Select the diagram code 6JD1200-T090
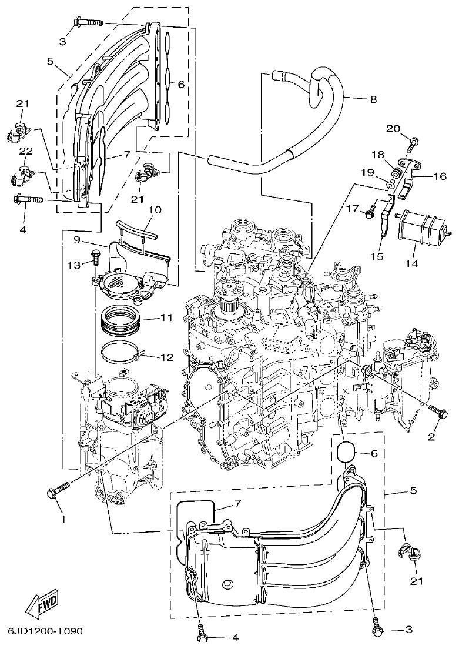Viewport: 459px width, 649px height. click(46, 631)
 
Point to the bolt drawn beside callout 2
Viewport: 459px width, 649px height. click(435, 409)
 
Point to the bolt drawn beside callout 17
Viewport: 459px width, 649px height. click(370, 213)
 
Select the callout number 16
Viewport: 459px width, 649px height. click(439, 175)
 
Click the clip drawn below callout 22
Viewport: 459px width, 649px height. click(22, 175)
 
